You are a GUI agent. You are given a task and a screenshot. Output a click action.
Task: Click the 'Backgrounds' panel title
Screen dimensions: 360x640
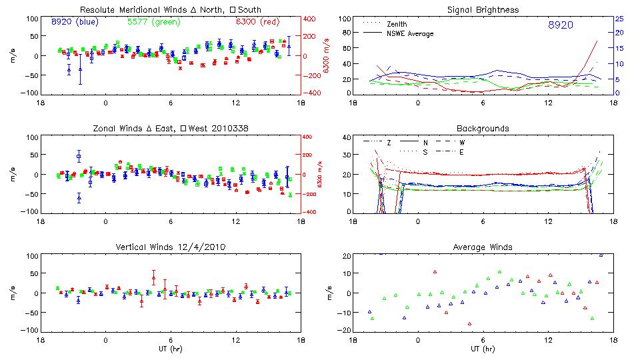click(483, 128)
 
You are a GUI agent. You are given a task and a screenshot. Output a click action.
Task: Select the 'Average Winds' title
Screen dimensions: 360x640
click(483, 247)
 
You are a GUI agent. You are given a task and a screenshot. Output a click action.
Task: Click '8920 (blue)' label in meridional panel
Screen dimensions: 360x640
click(74, 22)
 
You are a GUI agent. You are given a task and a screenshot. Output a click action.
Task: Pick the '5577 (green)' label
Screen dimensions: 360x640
click(152, 22)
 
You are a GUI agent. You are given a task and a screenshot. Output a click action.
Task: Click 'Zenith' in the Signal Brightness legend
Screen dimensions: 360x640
click(398, 24)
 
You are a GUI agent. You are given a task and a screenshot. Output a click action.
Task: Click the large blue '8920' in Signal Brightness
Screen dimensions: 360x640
click(561, 25)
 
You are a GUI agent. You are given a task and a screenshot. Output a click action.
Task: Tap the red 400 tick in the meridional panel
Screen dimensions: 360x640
click(311, 19)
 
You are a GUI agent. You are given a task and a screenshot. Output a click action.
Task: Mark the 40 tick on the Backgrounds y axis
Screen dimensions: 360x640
click(345, 138)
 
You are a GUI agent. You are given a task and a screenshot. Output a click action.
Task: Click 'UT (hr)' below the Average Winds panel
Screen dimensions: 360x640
click(483, 349)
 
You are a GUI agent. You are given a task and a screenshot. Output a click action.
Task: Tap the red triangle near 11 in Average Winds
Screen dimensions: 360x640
click(435, 272)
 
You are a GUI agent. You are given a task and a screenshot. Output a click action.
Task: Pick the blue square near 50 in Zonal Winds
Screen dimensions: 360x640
click(79, 157)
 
